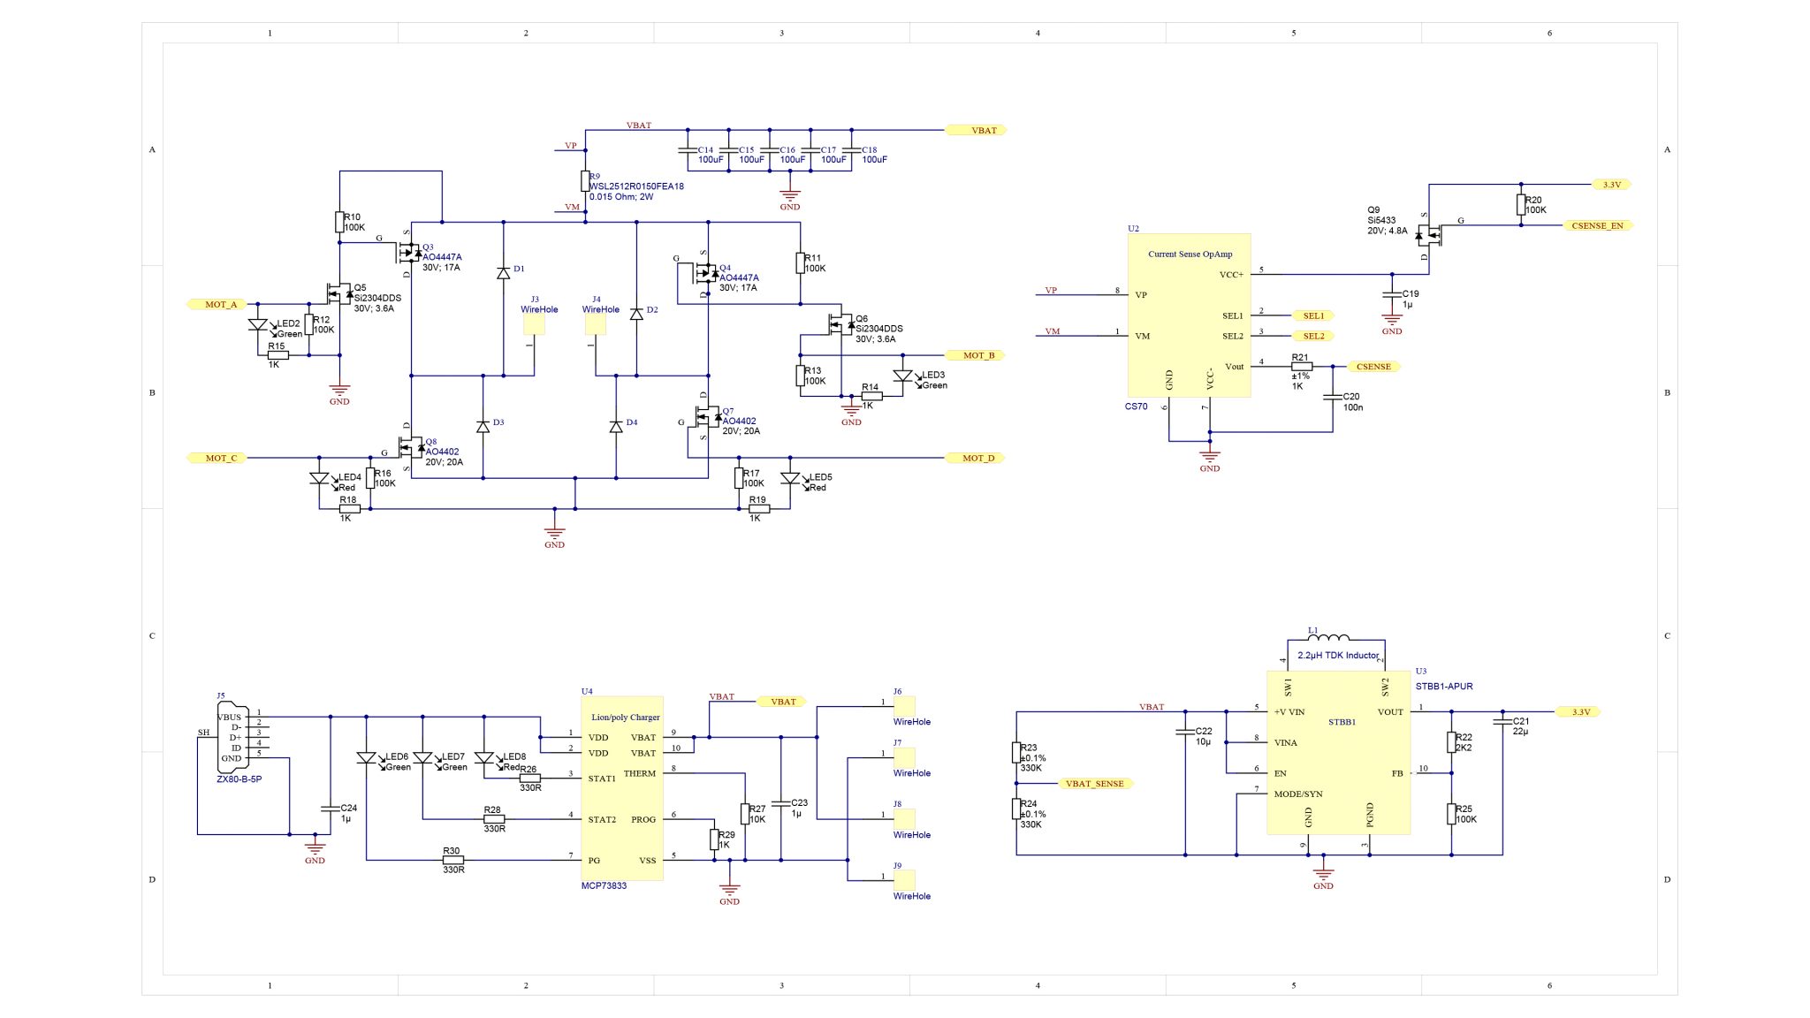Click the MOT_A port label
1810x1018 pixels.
[220, 304]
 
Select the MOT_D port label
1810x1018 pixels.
[977, 458]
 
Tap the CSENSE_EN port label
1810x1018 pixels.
[1596, 225]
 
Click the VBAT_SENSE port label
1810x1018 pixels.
[1094, 784]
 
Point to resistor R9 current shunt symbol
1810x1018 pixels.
[584, 181]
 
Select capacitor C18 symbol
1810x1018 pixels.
[851, 151]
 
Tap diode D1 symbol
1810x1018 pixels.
[503, 273]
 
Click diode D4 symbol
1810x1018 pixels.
[616, 427]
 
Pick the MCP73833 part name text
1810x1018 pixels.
[604, 885]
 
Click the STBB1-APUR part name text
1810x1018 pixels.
[1443, 687]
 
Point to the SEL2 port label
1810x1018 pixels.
[1313, 336]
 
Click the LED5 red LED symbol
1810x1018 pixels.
[790, 479]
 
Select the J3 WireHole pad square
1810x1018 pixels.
[534, 325]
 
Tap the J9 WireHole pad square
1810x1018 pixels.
[903, 879]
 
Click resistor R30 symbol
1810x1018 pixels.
[452, 860]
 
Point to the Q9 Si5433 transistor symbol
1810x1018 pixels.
[1427, 235]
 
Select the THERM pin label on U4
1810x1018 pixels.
[639, 773]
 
